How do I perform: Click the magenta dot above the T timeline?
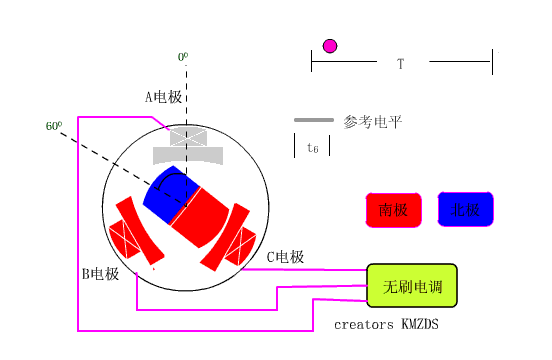coord(330,45)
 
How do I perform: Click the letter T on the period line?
coord(400,64)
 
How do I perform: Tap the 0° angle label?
coord(183,58)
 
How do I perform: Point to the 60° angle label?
coord(54,127)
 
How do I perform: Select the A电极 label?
coord(164,97)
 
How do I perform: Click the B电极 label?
coord(100,273)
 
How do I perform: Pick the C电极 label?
coord(285,257)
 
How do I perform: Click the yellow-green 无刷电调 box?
coord(412,285)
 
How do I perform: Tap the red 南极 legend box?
coord(393,210)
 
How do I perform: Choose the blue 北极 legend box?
coord(466,210)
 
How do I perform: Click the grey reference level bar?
coord(313,121)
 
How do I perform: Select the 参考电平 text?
coord(372,122)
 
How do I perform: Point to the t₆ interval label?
coord(313,147)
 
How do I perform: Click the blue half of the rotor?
coord(163,192)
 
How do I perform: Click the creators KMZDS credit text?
coord(386,325)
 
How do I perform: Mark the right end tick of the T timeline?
coord(491,63)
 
